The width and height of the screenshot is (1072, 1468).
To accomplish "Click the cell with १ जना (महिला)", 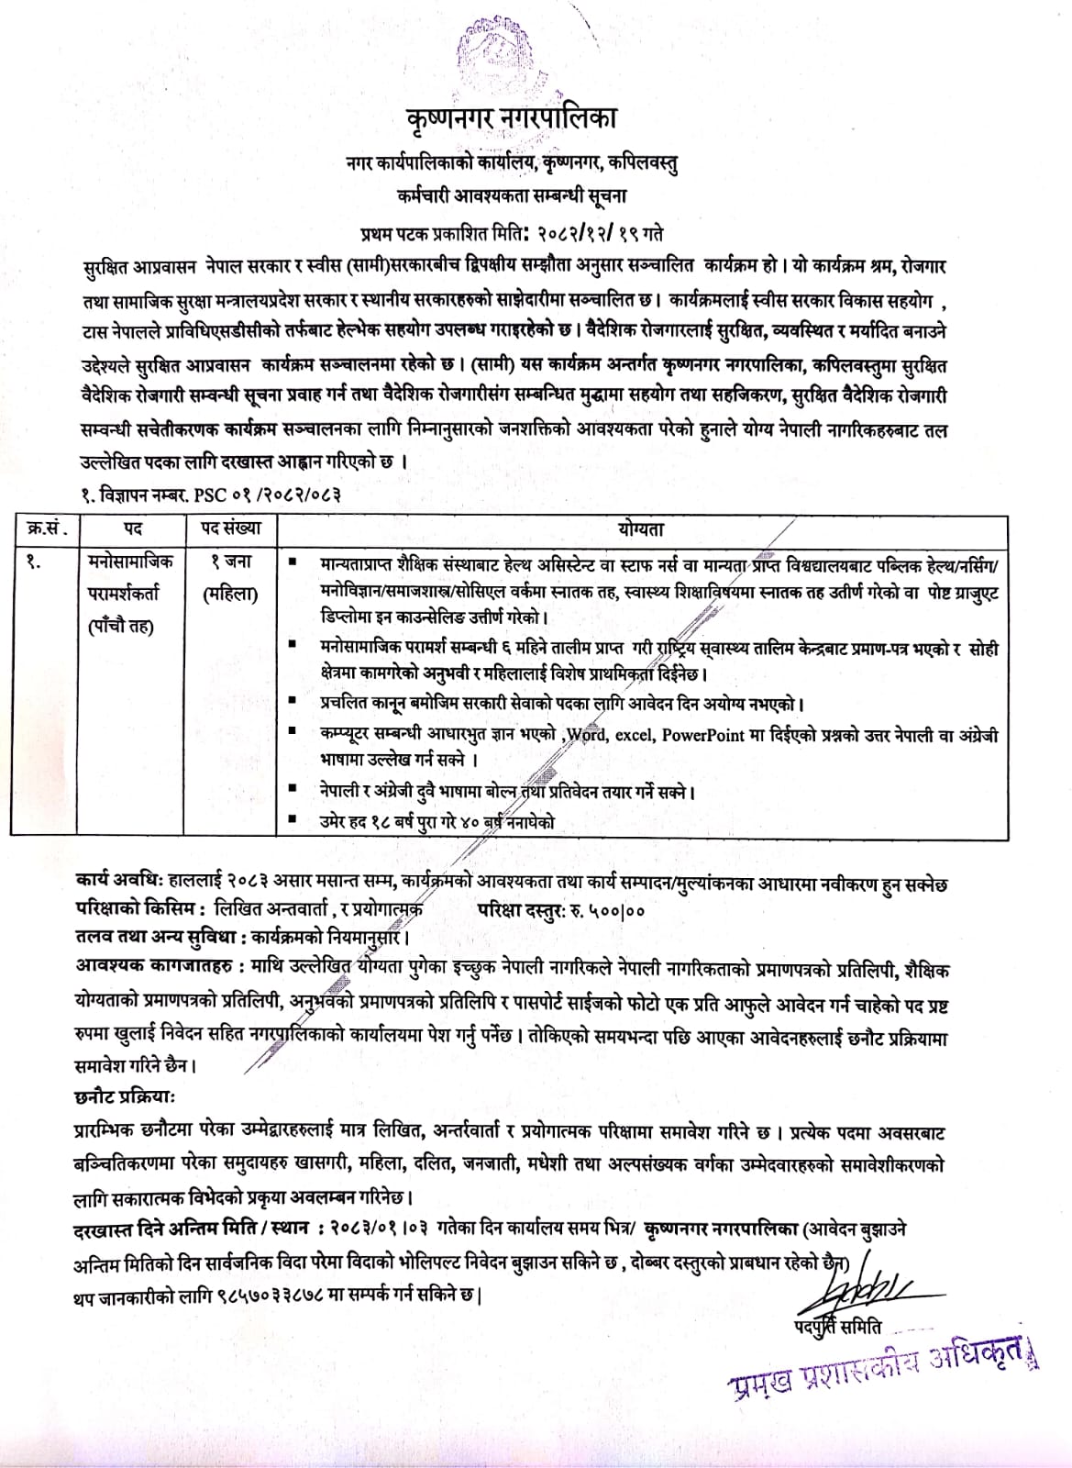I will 230,576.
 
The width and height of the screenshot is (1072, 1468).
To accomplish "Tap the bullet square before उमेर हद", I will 292,821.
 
